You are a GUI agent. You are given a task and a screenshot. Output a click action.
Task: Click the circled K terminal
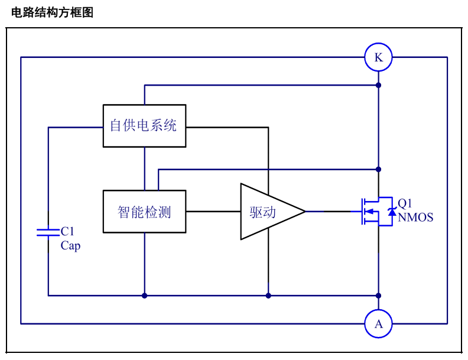pos(378,57)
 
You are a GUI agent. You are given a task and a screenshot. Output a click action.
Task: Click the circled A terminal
pos(378,323)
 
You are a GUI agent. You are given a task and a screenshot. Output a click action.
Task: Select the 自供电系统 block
pos(144,126)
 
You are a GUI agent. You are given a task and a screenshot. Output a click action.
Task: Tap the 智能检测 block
pos(144,212)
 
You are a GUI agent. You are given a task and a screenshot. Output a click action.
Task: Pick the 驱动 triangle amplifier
pos(272,212)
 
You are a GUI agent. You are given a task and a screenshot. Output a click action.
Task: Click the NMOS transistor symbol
pos(376,212)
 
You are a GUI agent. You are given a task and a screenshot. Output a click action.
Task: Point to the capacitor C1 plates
pos(48,232)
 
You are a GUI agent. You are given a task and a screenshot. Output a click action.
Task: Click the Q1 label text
pos(405,203)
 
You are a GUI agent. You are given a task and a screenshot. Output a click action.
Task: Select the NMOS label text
pos(415,218)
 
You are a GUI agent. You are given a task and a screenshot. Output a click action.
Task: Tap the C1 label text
pos(67,231)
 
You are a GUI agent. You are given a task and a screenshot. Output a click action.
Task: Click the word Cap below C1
pos(70,246)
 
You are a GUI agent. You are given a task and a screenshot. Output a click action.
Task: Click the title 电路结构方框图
pos(52,12)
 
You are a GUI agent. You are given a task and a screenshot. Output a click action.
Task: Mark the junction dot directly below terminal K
pos(378,85)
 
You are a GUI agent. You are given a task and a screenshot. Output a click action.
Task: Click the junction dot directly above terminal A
pos(378,296)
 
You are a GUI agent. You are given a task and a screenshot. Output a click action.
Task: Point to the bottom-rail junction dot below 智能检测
pos(144,296)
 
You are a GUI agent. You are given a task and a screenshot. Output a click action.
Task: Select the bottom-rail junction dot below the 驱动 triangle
pos(268,296)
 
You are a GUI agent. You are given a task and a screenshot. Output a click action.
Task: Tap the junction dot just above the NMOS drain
pos(378,169)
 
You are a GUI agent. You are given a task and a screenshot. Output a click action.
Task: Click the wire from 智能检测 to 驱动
pos(213,212)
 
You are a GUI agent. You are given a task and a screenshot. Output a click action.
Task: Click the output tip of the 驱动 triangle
pos(305,212)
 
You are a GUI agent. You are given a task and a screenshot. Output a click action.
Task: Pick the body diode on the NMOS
pos(392,212)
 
